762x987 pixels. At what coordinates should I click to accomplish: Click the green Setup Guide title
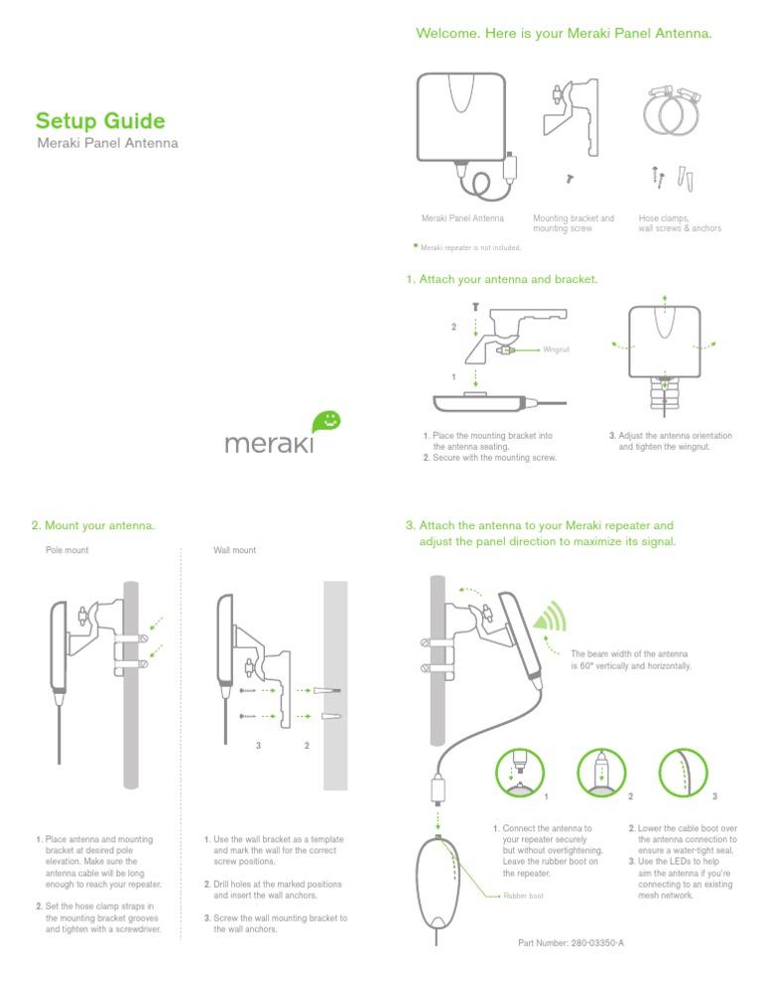pyautogui.click(x=99, y=122)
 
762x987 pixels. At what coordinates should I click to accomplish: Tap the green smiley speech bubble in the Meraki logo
pyautogui.click(x=329, y=421)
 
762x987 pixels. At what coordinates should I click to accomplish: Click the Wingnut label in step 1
pyautogui.click(x=557, y=350)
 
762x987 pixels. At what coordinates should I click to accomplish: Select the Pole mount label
pyautogui.click(x=67, y=548)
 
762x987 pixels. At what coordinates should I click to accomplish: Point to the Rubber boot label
pyautogui.click(x=523, y=896)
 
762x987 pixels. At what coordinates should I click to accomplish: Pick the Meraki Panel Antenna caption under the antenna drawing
pyautogui.click(x=462, y=217)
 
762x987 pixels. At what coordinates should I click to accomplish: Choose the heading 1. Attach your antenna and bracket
pyautogui.click(x=501, y=280)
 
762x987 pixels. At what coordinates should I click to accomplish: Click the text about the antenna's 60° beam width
pyautogui.click(x=631, y=661)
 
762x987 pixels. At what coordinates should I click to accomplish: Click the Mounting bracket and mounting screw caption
pyautogui.click(x=573, y=222)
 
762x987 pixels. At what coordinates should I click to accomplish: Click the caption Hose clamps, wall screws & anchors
pyautogui.click(x=680, y=222)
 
